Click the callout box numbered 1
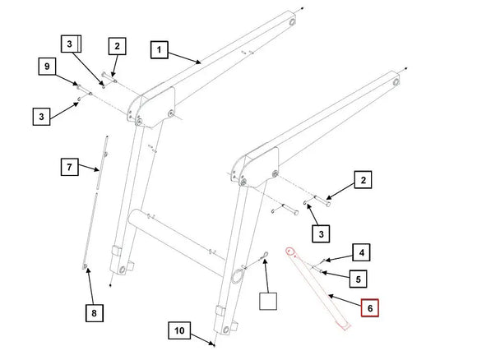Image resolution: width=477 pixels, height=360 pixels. (x=159, y=50)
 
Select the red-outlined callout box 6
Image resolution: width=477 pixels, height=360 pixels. (x=369, y=307)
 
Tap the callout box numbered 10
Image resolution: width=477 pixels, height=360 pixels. (x=179, y=330)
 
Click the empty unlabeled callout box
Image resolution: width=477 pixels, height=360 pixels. (x=268, y=302)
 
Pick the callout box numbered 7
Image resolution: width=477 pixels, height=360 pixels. (x=70, y=167)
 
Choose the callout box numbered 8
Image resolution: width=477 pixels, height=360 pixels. (x=95, y=313)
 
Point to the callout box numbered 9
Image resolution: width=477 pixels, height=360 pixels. (x=47, y=66)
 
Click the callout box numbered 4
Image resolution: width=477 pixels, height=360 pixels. (x=361, y=252)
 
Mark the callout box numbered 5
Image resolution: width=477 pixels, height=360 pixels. (x=358, y=279)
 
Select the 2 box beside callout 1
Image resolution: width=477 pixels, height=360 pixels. (x=118, y=46)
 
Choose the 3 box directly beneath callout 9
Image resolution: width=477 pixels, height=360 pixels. (x=42, y=117)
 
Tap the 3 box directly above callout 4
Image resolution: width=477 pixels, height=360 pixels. (x=321, y=233)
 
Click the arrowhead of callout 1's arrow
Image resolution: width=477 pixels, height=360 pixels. (x=199, y=62)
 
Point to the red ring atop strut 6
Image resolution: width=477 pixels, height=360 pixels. (x=290, y=252)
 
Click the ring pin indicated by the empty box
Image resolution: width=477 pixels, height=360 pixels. (x=263, y=256)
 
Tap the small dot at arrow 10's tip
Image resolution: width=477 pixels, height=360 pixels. (x=214, y=345)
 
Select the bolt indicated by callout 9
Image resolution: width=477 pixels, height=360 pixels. (x=85, y=90)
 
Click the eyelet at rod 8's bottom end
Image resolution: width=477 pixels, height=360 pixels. (x=85, y=266)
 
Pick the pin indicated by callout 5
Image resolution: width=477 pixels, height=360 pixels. (x=316, y=269)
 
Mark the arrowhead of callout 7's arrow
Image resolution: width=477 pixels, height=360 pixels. (x=97, y=169)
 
